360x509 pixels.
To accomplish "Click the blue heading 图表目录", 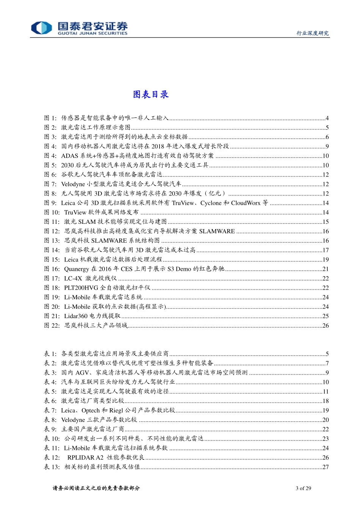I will click(150, 94).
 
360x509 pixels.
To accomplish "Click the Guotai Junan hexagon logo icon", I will click(41, 28).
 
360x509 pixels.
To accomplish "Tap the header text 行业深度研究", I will click(312, 33).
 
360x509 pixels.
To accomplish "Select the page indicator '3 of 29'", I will click(303, 488).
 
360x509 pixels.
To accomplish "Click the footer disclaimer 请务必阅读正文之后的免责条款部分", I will click(96, 488).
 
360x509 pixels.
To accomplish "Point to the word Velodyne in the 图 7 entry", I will click(73, 184).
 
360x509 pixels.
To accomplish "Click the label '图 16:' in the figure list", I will click(52, 269).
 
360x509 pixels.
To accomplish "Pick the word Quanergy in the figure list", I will click(77, 269).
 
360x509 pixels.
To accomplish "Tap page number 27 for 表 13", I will click(326, 467).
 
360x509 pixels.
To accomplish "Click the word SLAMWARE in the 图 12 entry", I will click(217, 231).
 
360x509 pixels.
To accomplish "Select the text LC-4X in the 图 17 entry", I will click(73, 278).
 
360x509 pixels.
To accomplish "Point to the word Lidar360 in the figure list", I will click(76, 316).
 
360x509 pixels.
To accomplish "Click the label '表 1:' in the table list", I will click(50, 354).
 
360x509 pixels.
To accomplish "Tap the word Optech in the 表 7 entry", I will click(91, 411).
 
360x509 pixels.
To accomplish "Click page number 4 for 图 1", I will click(327, 118).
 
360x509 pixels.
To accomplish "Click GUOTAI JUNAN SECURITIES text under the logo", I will click(92, 33).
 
